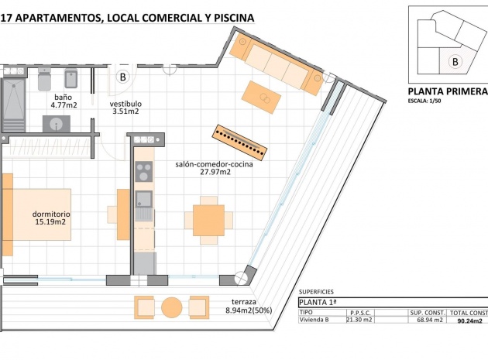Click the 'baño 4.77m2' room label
pyautogui.click(x=64, y=101)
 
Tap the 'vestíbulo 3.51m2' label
pyautogui.click(x=124, y=107)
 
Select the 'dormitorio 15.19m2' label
pyautogui.click(x=51, y=217)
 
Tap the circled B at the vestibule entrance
pyautogui.click(x=122, y=77)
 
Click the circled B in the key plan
pyautogui.click(x=455, y=60)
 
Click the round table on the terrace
pyautogui.click(x=171, y=307)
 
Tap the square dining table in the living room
pyautogui.click(x=208, y=220)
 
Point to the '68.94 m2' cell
pyautogui.click(x=427, y=319)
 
